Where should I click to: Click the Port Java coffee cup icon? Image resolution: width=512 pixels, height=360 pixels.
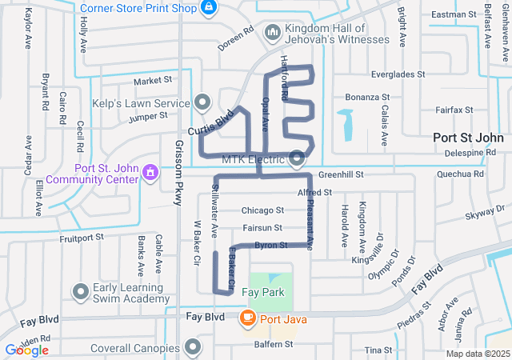click(247, 318)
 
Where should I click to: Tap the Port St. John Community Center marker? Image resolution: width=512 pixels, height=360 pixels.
click(150, 173)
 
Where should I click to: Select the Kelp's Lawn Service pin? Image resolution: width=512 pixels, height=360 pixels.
click(202, 102)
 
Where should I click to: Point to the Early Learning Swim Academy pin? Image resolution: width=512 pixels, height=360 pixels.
click(80, 292)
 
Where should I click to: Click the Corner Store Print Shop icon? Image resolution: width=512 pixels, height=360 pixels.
click(209, 8)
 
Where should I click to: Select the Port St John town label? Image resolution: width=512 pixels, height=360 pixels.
click(468, 137)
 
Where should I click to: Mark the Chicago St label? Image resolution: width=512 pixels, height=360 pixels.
click(262, 210)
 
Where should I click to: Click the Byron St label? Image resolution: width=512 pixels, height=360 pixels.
click(270, 246)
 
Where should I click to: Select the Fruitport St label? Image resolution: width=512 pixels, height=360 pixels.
click(82, 238)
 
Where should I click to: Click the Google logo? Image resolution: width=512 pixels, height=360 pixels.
click(26, 350)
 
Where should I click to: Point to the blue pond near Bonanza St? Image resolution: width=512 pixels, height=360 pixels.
click(346, 124)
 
